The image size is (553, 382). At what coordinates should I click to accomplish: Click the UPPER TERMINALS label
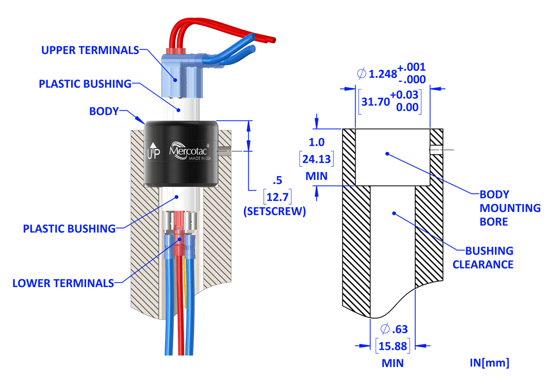(x=90, y=50)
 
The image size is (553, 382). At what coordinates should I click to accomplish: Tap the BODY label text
(x=104, y=111)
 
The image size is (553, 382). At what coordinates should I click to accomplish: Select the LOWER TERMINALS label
(x=63, y=283)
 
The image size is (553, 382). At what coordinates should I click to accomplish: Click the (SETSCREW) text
(x=274, y=211)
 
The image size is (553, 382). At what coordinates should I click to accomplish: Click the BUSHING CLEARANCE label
(x=483, y=257)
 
